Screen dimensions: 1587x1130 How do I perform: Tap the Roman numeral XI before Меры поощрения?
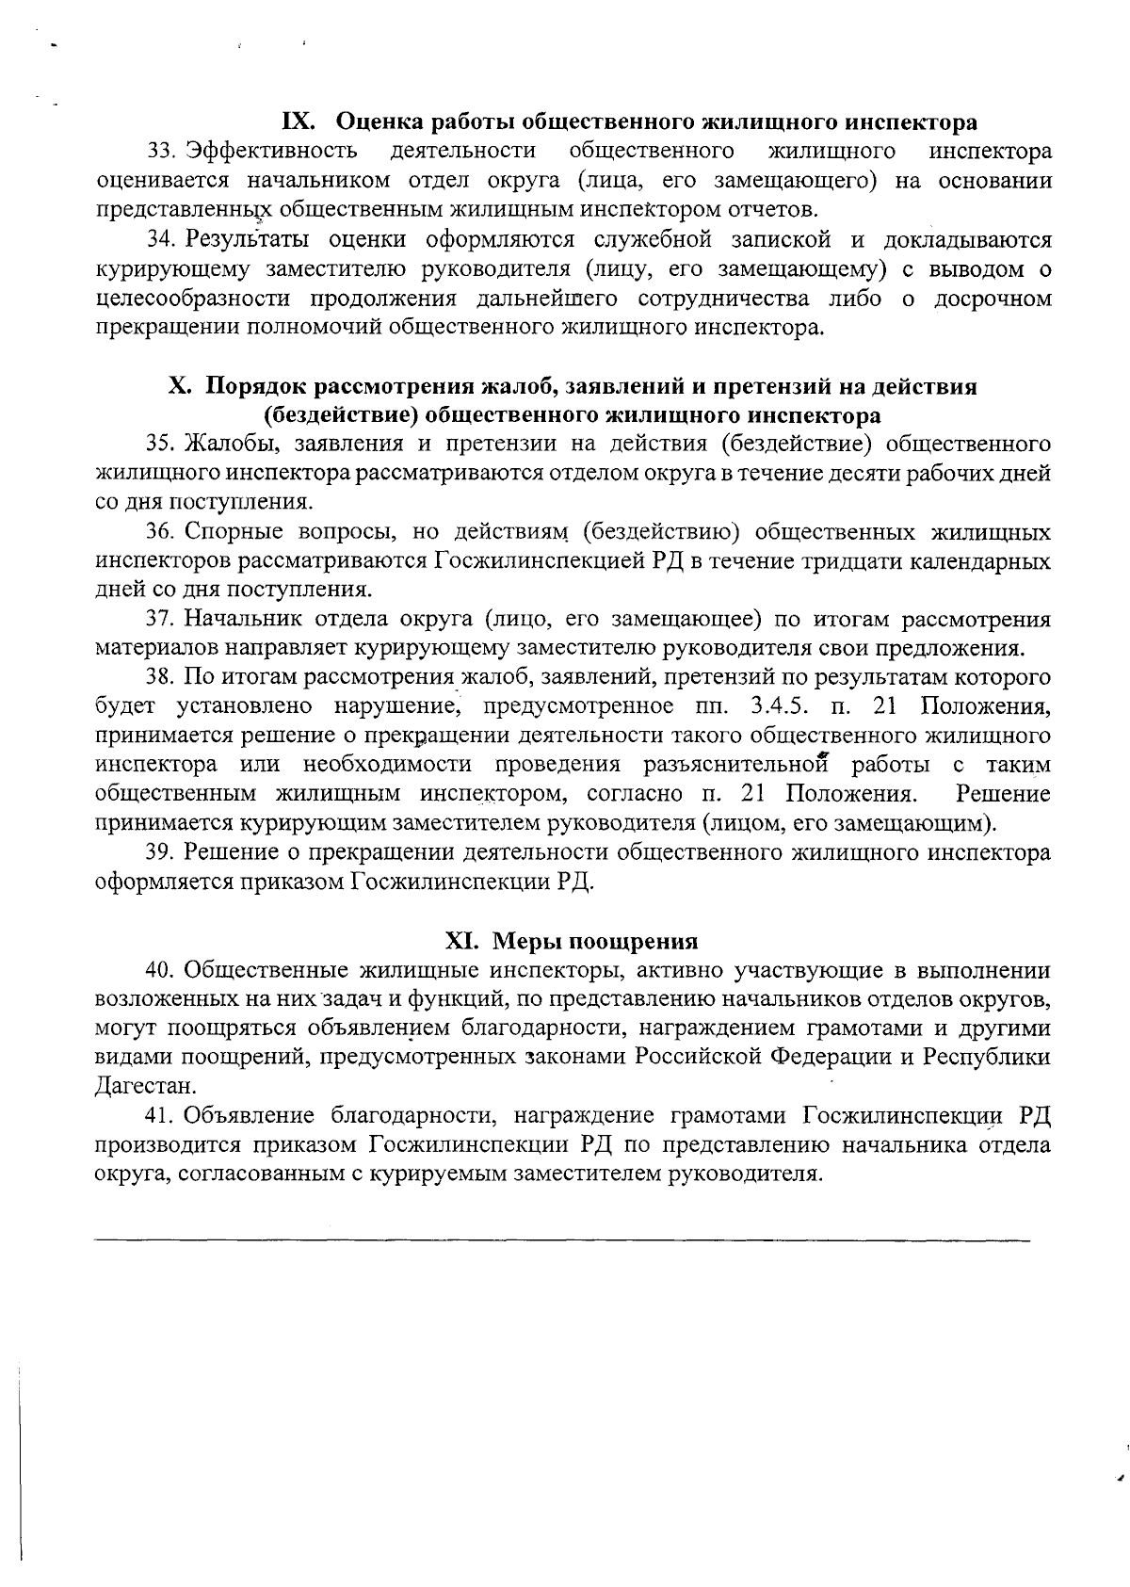click(463, 941)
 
